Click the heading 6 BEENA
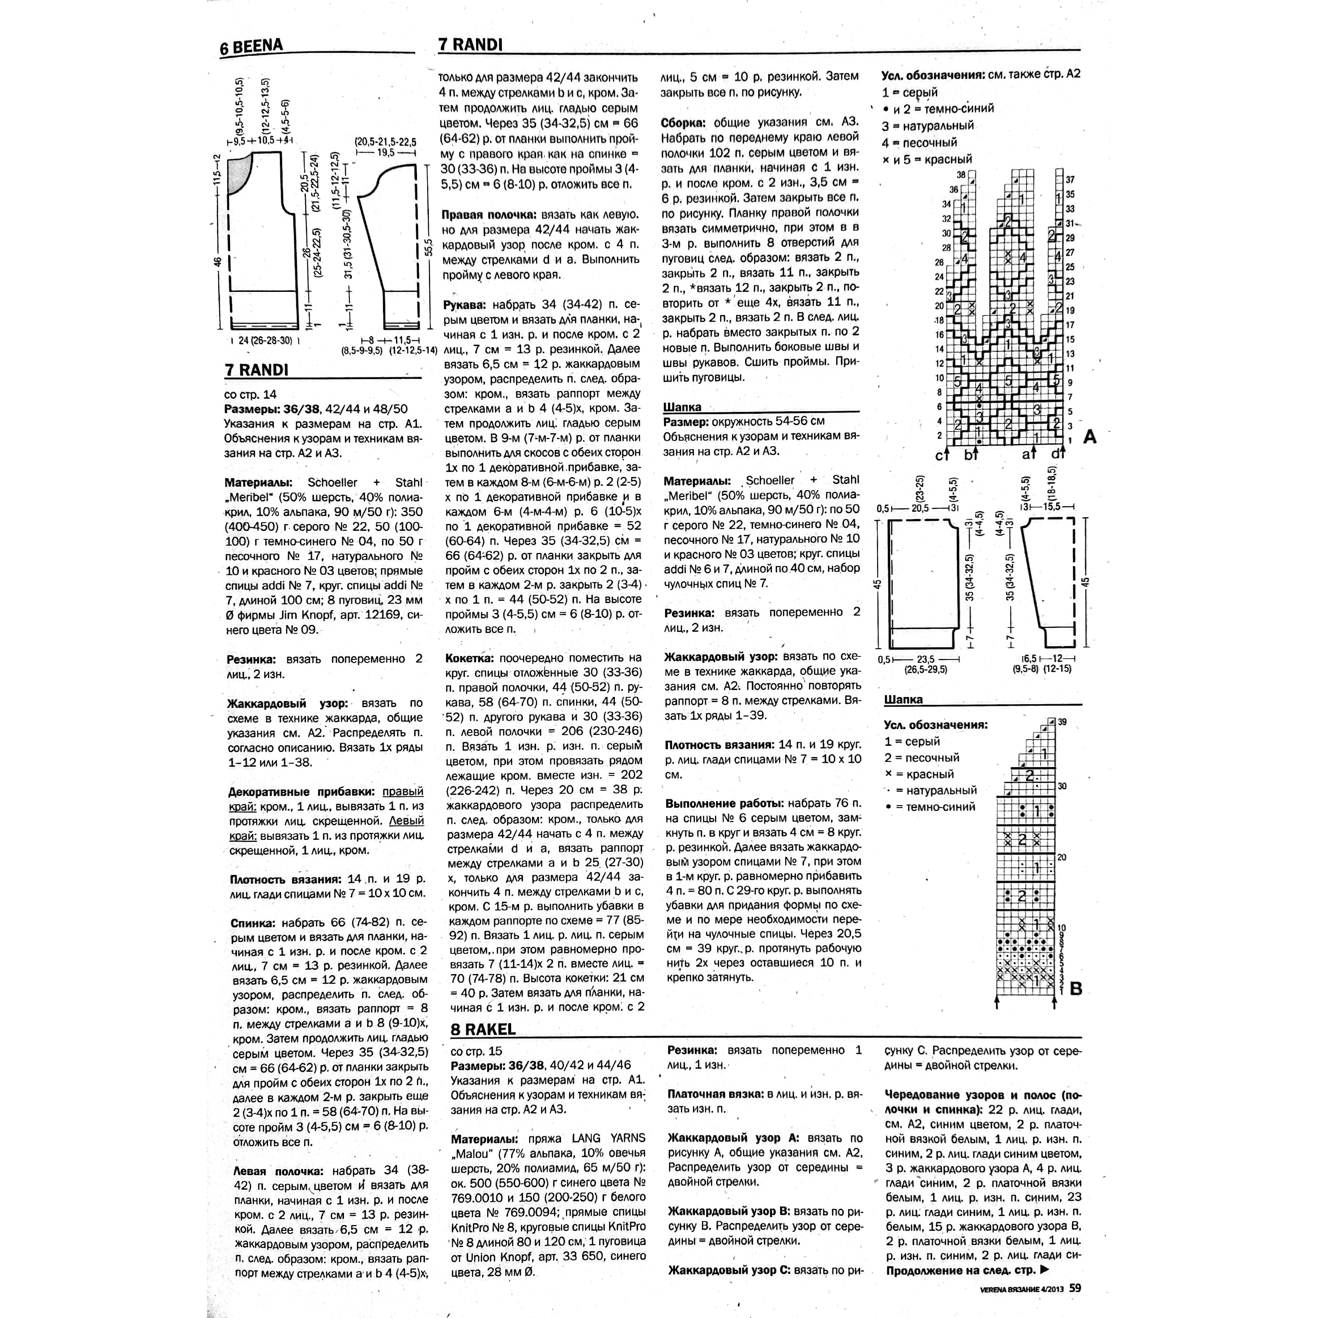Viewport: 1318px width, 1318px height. click(251, 47)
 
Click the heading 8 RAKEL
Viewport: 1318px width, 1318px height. click(483, 1029)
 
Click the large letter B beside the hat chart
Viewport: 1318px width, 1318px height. click(1076, 988)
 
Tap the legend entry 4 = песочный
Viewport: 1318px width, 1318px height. click(919, 143)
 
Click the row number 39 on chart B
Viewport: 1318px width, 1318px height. click(1062, 722)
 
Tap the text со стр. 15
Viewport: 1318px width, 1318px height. click(476, 1051)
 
